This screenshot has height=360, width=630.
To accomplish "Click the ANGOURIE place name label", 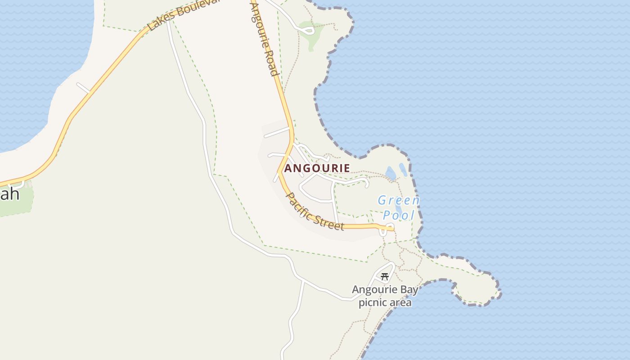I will (x=317, y=168).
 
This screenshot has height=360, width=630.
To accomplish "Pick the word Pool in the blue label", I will (x=399, y=216).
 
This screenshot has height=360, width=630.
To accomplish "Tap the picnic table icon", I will (x=384, y=277).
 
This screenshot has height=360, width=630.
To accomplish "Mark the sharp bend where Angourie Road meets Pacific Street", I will (x=279, y=171).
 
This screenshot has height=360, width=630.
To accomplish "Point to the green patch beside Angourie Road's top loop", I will (x=311, y=36).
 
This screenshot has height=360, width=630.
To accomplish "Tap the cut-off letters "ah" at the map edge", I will (x=10, y=194).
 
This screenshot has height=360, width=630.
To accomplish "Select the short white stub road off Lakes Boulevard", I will (x=83, y=87).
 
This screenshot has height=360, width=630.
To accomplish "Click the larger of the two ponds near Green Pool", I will (x=391, y=173).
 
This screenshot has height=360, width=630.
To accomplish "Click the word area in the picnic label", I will (x=400, y=302).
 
